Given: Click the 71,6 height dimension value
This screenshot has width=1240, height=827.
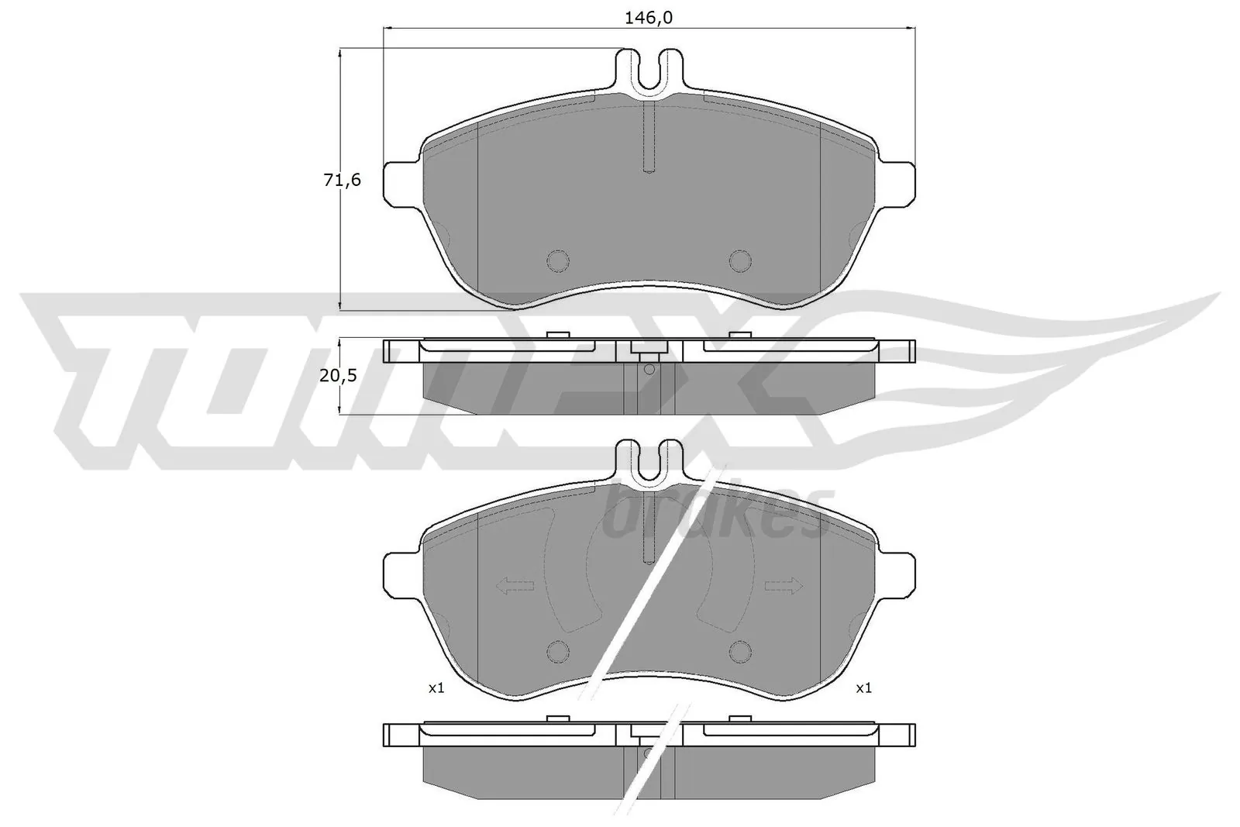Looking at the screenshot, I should [x=342, y=180].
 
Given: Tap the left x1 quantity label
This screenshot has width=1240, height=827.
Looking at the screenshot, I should [x=436, y=687].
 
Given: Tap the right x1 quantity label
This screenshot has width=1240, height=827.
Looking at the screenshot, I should [x=863, y=687].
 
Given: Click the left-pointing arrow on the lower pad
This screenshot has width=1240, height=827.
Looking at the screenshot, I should [x=514, y=587].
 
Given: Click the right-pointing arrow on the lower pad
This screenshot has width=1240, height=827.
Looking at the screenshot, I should [x=784, y=587].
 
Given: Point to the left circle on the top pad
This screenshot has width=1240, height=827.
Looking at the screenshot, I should [x=557, y=261].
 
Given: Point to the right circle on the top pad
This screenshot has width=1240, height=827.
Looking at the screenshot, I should [x=740, y=261].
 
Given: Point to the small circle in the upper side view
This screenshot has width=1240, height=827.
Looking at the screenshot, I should [x=649, y=369].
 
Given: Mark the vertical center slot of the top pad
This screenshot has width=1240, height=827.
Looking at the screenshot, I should [x=649, y=140].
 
